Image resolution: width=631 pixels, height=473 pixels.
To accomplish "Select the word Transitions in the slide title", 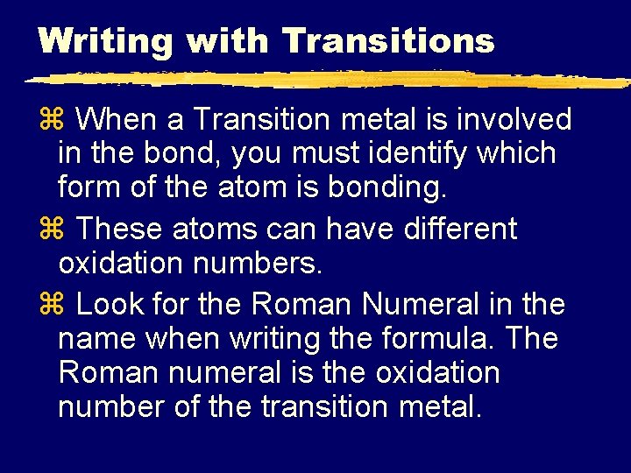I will coord(388,39).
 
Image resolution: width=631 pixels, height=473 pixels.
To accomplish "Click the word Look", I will coord(110,306).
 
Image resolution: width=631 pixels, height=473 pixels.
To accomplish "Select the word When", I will coord(123,119).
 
